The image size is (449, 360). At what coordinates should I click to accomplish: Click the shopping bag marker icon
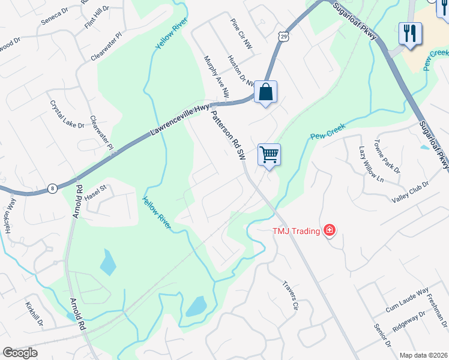tap(265, 92)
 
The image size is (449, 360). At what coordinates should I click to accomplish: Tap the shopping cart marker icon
tap(270, 155)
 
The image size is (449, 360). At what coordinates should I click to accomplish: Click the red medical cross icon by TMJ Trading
tap(329, 230)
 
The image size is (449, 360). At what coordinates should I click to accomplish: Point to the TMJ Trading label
tap(296, 231)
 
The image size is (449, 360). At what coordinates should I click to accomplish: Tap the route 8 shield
tap(53, 188)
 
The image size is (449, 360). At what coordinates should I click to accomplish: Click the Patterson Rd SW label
tap(229, 137)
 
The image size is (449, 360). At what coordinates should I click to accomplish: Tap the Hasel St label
tap(95, 191)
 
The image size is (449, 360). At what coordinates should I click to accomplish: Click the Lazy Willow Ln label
tap(370, 164)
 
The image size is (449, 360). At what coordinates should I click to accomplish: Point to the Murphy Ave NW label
tap(217, 77)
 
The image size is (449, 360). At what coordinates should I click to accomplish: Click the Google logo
tap(20, 353)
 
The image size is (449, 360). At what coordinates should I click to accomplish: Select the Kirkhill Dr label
tap(34, 314)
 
